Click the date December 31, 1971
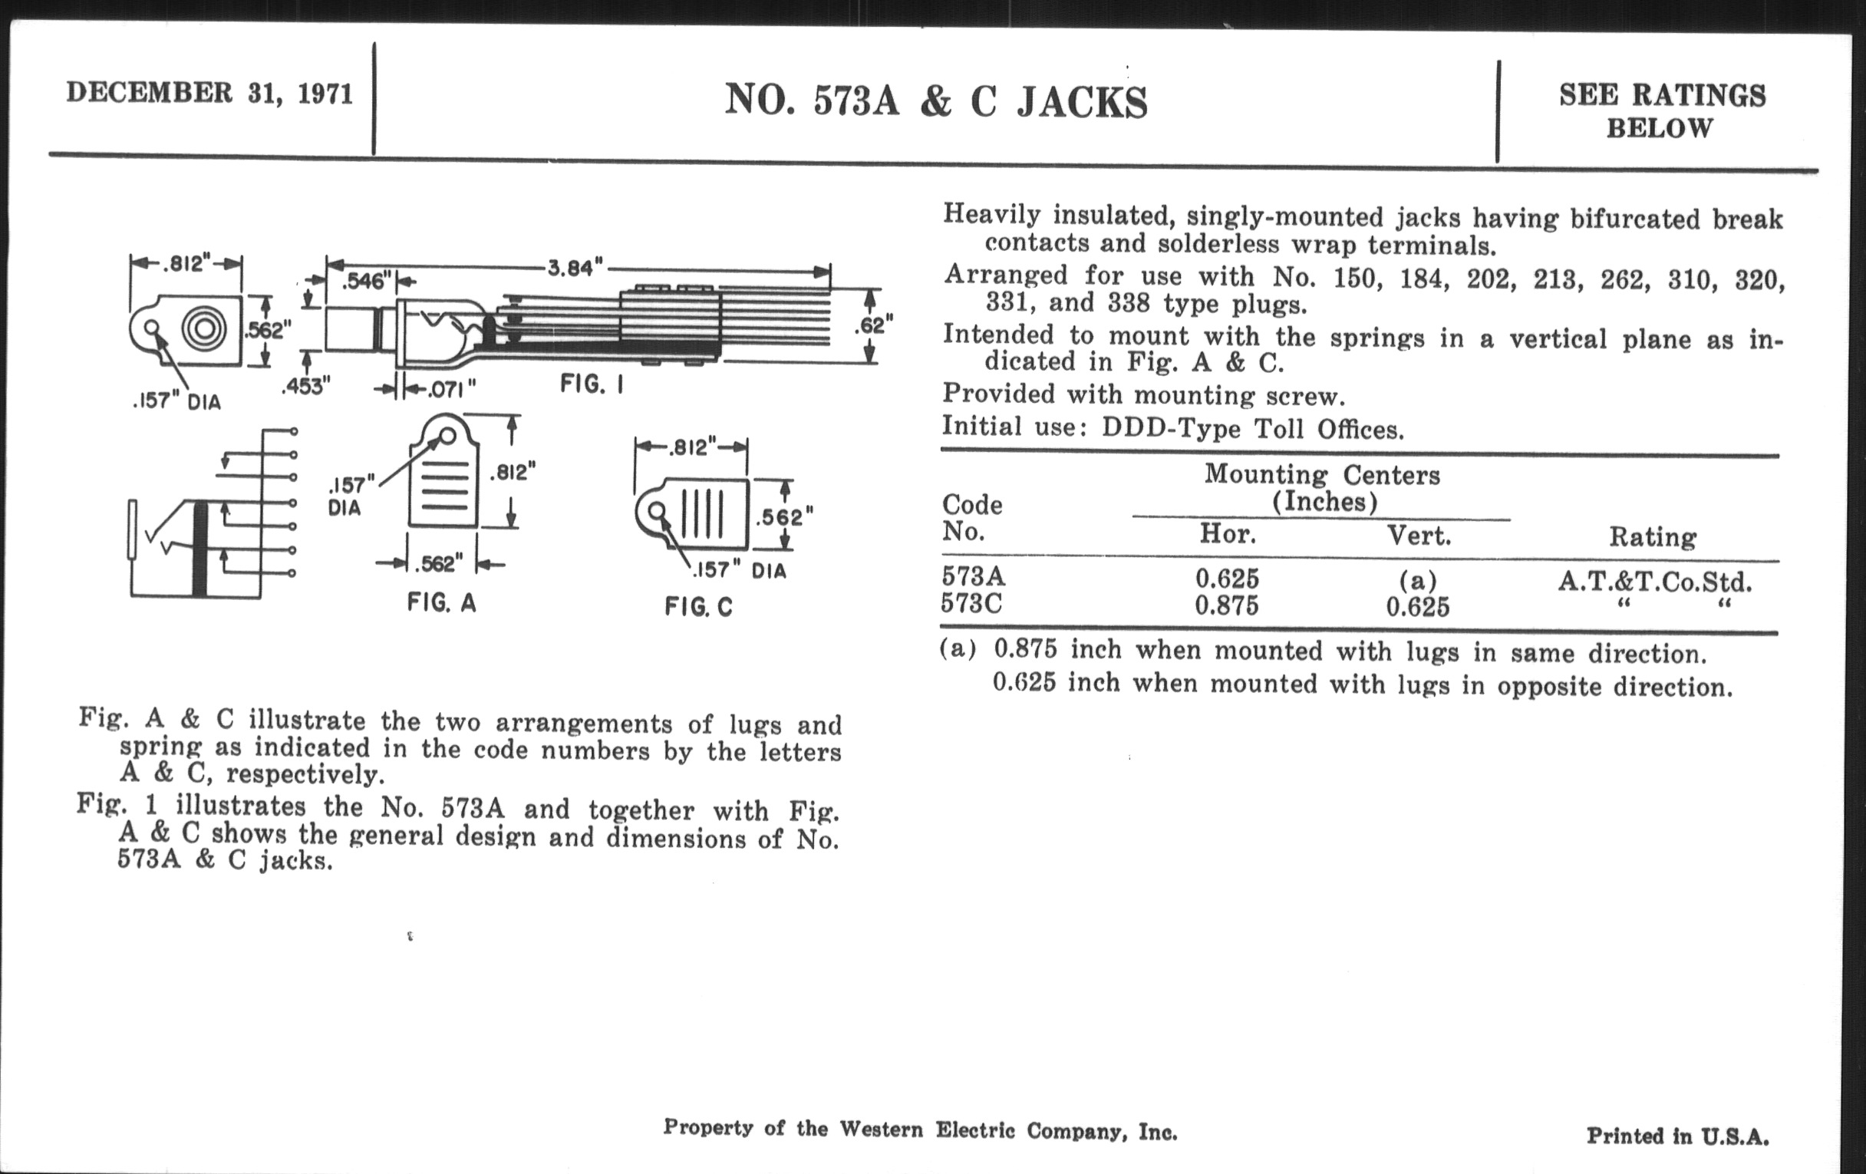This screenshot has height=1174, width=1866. (x=209, y=94)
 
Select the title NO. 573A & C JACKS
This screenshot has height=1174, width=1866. (x=935, y=102)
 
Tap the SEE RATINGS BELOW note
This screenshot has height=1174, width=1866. (x=1661, y=110)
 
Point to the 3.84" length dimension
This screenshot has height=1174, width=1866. (x=574, y=268)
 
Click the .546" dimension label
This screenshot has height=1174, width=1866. (x=364, y=282)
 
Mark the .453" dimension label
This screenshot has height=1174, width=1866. (x=305, y=386)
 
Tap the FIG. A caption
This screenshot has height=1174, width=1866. (x=442, y=602)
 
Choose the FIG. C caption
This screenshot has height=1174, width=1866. (x=698, y=607)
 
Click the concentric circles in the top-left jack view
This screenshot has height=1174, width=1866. (x=205, y=329)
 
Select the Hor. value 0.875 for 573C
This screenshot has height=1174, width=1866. (x=1227, y=605)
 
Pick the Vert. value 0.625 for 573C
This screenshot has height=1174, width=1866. (x=1417, y=607)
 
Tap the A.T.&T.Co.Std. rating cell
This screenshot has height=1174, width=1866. (x=1653, y=581)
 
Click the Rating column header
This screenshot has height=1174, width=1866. (x=1652, y=536)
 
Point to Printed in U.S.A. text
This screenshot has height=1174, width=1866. (x=1677, y=1136)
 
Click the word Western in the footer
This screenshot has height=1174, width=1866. (x=881, y=1129)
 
